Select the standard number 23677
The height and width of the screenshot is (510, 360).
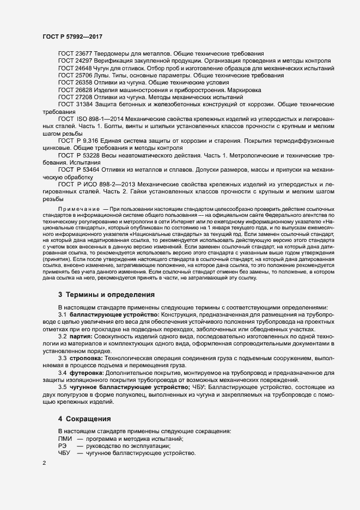point(84,54)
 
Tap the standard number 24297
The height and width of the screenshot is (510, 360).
point(84,61)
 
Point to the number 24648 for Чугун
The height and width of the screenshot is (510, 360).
point(84,68)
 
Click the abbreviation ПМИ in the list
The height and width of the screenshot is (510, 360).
point(64,439)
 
